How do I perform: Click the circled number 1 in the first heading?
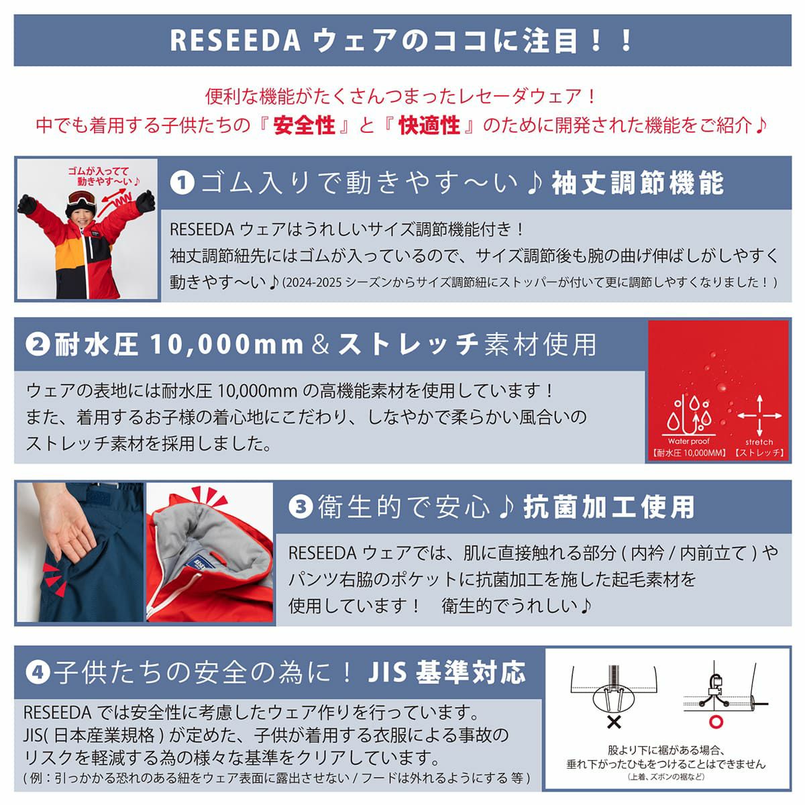182,183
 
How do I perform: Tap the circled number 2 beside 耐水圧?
38,345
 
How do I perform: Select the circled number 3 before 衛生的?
301,508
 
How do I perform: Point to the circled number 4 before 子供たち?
38,673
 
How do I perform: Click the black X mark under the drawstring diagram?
614,722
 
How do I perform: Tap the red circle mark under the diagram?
716,721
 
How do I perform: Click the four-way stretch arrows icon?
759,415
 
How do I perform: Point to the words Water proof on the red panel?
688,441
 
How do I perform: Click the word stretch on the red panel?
759,441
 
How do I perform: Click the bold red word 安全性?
304,125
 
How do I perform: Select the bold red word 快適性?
429,125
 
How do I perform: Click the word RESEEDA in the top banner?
235,40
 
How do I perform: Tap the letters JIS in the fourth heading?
387,673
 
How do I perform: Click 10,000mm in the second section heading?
227,345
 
